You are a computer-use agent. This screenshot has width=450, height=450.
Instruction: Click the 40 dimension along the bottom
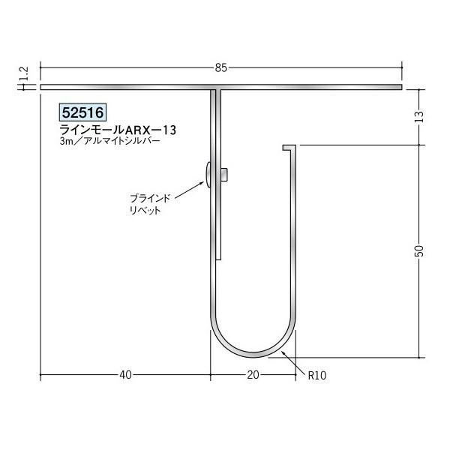pyautogui.click(x=125, y=374)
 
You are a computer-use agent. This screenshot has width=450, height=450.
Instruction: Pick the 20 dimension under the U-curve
pyautogui.click(x=253, y=374)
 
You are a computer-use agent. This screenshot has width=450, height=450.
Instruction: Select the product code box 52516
pyautogui.click(x=82, y=112)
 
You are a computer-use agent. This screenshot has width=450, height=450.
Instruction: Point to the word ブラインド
pyautogui.click(x=150, y=198)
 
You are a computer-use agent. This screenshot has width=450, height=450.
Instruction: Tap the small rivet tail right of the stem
pyautogui.click(x=225, y=175)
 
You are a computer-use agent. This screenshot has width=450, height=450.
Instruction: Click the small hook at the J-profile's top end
pyautogui.click(x=286, y=149)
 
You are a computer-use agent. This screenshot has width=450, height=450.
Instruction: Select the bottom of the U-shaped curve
pyautogui.click(x=253, y=353)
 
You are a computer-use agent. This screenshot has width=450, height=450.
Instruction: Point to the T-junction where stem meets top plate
pyautogui.click(x=217, y=91)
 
